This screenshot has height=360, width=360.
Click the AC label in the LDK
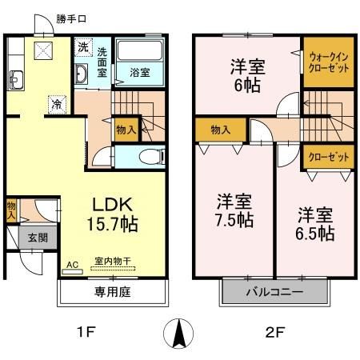point(72,264)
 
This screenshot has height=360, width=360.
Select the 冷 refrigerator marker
point(56,103)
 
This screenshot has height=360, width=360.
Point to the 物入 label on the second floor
point(221,130)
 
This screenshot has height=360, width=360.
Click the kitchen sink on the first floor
point(15,79)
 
